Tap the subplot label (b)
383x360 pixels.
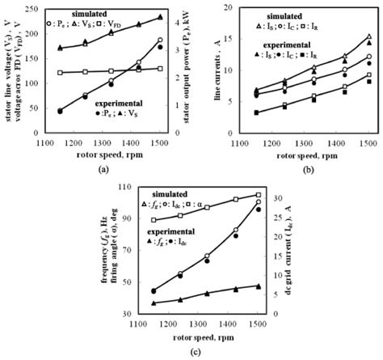coord(307,171)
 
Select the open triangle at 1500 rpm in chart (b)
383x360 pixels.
coord(368,36)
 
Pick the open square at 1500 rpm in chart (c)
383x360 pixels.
coord(259,195)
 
